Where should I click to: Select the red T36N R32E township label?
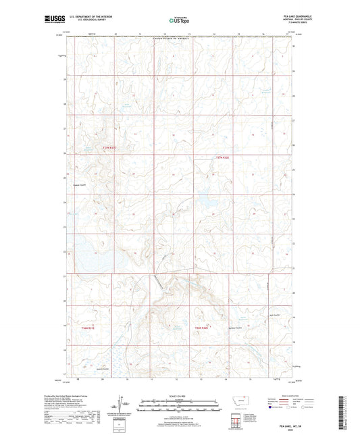point(202,328)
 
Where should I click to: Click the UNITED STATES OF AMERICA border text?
point(178,40)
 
